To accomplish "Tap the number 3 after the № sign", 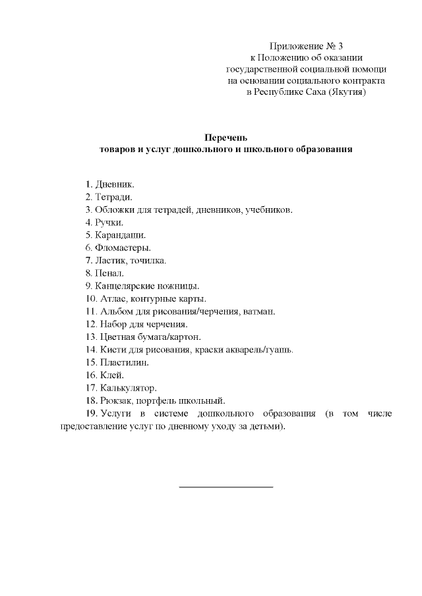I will pyautogui.click(x=341, y=46).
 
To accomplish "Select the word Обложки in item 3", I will pyautogui.click(x=113, y=210).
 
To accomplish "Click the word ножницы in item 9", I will pyautogui.click(x=179, y=286).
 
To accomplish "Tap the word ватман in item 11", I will pyautogui.click(x=259, y=311).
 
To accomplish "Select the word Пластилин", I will pyautogui.click(x=124, y=362).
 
